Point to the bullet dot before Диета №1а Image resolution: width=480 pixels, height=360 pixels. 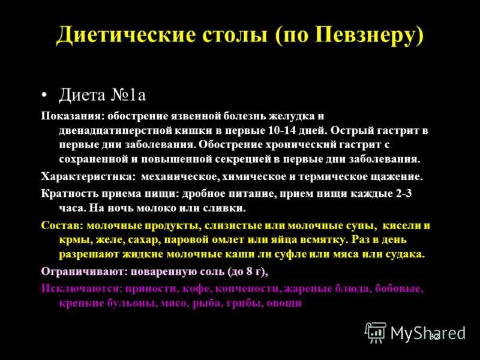(x=44, y=95)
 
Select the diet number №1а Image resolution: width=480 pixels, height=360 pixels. (x=128, y=95)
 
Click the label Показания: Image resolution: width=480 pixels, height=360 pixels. (x=73, y=116)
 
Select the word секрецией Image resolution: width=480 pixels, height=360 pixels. (x=242, y=159)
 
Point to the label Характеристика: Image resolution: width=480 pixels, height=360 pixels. (x=88, y=176)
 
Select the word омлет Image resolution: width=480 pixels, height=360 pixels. (x=225, y=239)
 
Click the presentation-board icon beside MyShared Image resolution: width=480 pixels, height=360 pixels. (x=376, y=332)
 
